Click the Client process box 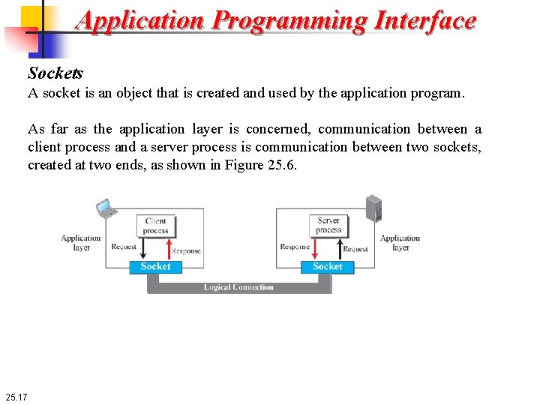tap(155, 226)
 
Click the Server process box tap(328, 225)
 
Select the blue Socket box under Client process tap(155, 267)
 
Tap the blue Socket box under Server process tap(328, 267)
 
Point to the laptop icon tap(105, 208)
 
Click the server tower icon tap(373, 208)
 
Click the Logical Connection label tap(238, 287)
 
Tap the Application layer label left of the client tap(81, 243)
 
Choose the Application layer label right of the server tap(400, 243)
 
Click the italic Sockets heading tap(55, 73)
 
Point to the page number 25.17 tap(16, 396)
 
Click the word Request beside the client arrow tap(124, 247)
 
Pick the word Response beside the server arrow tap(295, 247)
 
